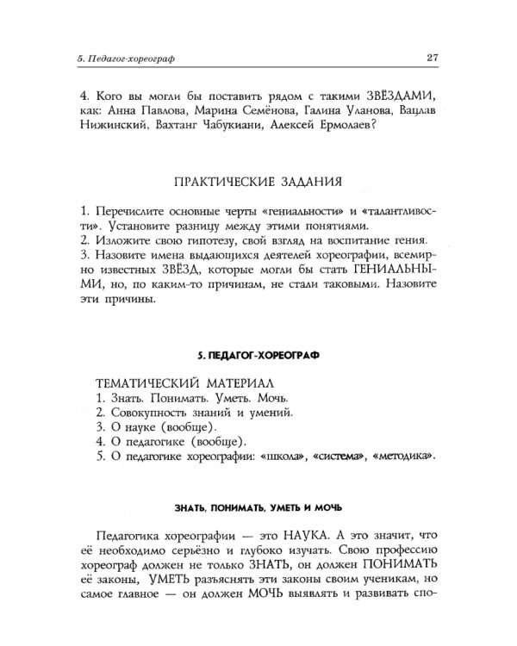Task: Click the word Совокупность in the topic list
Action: pyautogui.click(x=149, y=413)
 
